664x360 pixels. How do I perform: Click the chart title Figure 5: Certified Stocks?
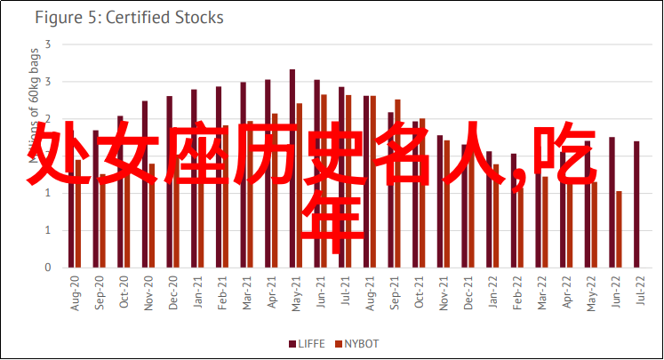tap(129, 18)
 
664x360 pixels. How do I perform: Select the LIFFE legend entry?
tap(308, 344)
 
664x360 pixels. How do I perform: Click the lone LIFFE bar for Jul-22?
tap(636, 204)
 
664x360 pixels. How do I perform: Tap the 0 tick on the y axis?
tap(48, 268)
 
